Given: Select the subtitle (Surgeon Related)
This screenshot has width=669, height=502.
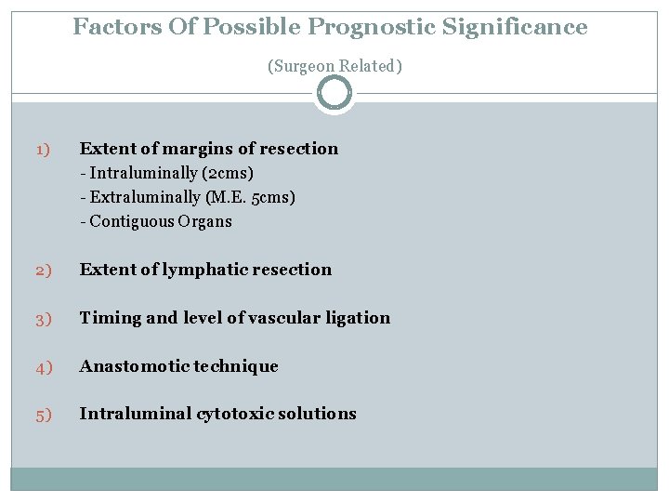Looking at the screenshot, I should [334, 66].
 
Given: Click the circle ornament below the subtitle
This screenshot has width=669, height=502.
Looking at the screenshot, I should [334, 93].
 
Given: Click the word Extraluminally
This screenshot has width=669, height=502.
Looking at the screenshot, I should [145, 197].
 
